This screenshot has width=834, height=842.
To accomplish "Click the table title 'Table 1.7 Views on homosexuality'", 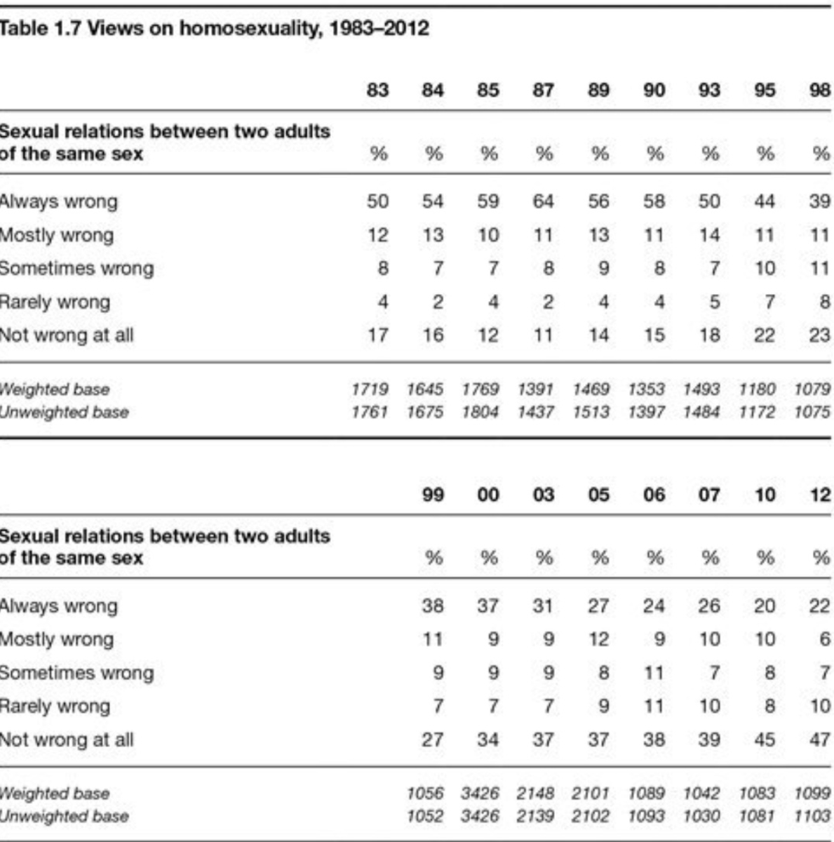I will [x=214, y=29].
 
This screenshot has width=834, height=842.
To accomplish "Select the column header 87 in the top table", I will [x=543, y=91].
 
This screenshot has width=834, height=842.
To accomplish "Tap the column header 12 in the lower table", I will [x=819, y=495].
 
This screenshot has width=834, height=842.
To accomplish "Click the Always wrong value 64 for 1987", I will [x=543, y=201].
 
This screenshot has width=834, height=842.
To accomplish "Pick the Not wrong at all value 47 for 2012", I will [x=819, y=740].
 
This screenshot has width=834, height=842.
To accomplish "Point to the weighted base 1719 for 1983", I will [x=370, y=389].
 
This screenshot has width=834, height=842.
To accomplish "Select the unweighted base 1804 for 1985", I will [x=480, y=412].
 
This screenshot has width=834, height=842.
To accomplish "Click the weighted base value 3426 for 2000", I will [x=480, y=794].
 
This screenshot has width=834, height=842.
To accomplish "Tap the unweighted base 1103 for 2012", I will [x=812, y=816].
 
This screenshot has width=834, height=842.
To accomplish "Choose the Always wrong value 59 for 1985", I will [x=488, y=201].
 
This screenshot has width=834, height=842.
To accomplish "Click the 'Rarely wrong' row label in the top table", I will [x=55, y=302].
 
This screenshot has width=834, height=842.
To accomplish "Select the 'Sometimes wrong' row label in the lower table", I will [x=76, y=673].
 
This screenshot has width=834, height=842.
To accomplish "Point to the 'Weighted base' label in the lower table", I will [x=55, y=794].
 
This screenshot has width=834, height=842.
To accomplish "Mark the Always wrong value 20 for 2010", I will [x=764, y=606].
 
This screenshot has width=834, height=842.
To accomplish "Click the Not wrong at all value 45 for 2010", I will [x=764, y=740].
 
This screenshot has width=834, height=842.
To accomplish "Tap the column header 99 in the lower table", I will [x=433, y=495].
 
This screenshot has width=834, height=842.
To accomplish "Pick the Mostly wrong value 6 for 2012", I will [x=825, y=639].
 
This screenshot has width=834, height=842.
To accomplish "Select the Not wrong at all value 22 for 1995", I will [x=764, y=335].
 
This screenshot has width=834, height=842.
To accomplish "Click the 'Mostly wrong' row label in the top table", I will [x=56, y=235].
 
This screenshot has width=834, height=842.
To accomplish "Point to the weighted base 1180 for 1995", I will [x=757, y=389].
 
